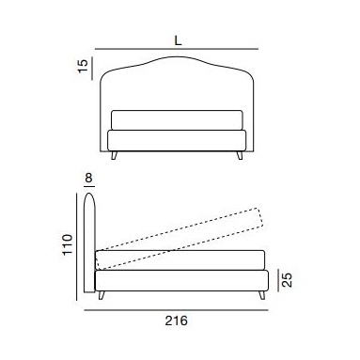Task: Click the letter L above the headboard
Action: coord(178,40)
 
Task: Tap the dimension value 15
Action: coord(83,66)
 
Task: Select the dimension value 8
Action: coord(88,178)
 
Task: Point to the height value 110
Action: coord(68,244)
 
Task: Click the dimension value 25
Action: coord(287,280)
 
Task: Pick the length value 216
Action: coord(176,321)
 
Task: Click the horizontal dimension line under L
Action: coord(177,49)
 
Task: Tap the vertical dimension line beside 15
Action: coord(92,69)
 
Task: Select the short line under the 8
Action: coord(89,186)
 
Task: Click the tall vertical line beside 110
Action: coord(77,246)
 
